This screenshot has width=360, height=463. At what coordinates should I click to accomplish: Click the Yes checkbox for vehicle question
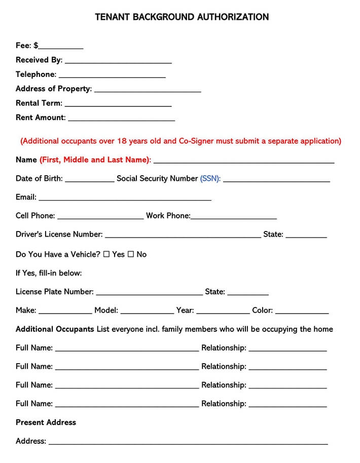[106, 254]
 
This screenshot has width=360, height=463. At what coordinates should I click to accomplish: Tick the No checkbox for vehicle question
[131, 254]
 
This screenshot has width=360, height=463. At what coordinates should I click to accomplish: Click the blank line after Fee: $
[61, 48]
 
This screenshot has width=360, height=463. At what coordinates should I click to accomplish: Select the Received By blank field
[118, 62]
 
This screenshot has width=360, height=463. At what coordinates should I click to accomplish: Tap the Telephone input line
[112, 76]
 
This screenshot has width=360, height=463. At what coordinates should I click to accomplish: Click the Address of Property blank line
[148, 91]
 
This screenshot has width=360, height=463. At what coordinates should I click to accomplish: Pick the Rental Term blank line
[118, 105]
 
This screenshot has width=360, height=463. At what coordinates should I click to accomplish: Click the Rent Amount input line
[121, 120]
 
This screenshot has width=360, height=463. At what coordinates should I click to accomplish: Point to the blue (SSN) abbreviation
[210, 178]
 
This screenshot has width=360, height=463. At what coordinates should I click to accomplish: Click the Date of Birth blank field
[90, 180]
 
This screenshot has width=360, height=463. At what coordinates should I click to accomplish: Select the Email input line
[125, 199]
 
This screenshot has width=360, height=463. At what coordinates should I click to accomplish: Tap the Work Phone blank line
[234, 218]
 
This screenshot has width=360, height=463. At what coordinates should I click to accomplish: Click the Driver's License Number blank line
[183, 237]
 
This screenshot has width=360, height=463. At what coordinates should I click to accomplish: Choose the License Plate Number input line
[149, 294]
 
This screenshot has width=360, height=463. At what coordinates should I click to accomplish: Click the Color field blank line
[302, 313]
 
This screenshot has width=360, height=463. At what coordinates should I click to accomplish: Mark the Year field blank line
[223, 313]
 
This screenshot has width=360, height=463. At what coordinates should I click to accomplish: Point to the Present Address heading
[46, 422]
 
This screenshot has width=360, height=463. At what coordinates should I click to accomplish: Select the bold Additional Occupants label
[55, 329]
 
